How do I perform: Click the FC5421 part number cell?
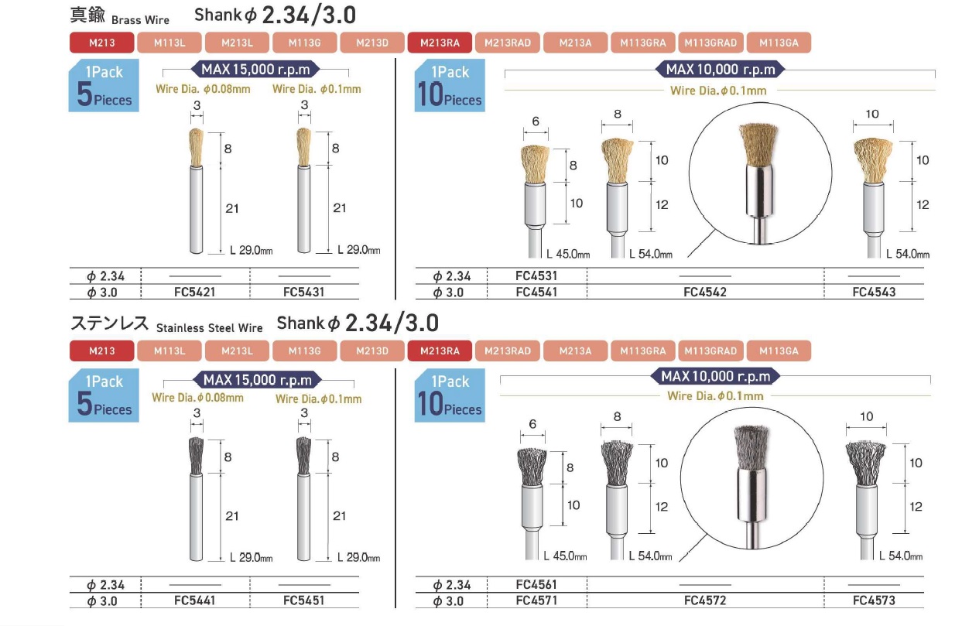point(194,292)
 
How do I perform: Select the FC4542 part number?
point(705,292)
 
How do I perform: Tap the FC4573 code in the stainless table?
point(874,600)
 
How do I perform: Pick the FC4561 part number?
point(536,584)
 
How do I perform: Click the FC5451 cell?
point(303,600)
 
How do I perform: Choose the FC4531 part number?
point(536,275)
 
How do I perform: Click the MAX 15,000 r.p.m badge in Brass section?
point(255,69)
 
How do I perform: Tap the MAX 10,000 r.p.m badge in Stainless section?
point(715,377)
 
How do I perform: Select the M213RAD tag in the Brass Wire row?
point(508,43)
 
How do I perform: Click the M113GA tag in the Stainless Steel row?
point(779,351)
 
